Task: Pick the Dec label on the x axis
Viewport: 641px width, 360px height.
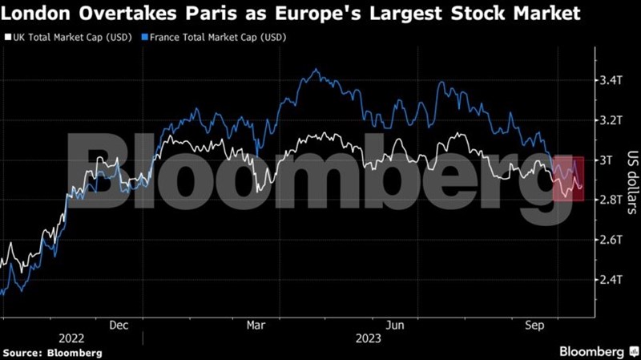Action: pos(118,326)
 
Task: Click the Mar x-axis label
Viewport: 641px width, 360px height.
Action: pos(256,326)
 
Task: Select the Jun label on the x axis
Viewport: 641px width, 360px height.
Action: pos(393,326)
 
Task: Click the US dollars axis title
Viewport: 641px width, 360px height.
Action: pos(630,180)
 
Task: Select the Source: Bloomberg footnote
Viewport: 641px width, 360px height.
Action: pos(52,353)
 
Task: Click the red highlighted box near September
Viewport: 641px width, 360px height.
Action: pos(568,177)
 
